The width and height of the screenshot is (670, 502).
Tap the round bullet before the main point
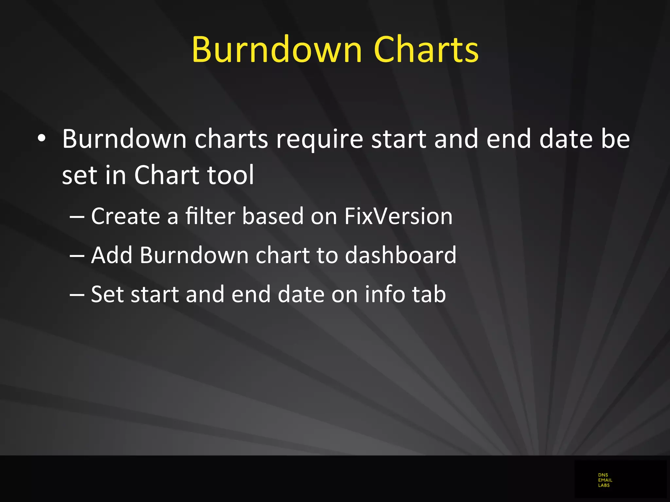click(x=42, y=138)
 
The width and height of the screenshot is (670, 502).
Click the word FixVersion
click(x=398, y=216)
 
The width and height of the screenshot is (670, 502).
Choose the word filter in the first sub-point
click(x=210, y=216)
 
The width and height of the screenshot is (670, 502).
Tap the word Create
click(x=125, y=216)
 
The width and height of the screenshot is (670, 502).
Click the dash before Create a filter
click(x=77, y=216)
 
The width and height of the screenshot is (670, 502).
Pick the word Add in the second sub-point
click(x=112, y=255)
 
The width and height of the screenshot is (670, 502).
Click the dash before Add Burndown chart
click(x=77, y=255)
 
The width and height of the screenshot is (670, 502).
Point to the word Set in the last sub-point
click(x=107, y=294)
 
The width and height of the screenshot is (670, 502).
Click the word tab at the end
click(x=429, y=294)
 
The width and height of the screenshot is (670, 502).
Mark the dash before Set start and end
click(x=77, y=294)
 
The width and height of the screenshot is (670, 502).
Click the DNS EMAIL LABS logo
click(x=605, y=480)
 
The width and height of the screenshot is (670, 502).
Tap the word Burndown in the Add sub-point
click(x=194, y=255)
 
